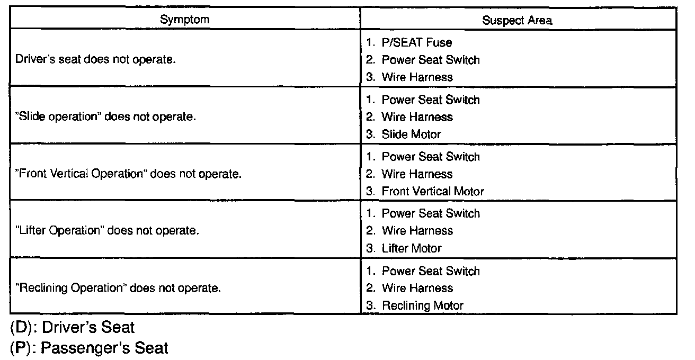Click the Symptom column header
(185, 20)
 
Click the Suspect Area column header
(517, 21)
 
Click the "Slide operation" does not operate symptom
(106, 116)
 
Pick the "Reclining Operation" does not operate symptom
(118, 288)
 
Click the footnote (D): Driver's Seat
(73, 328)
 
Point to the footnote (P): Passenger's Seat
(89, 348)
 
